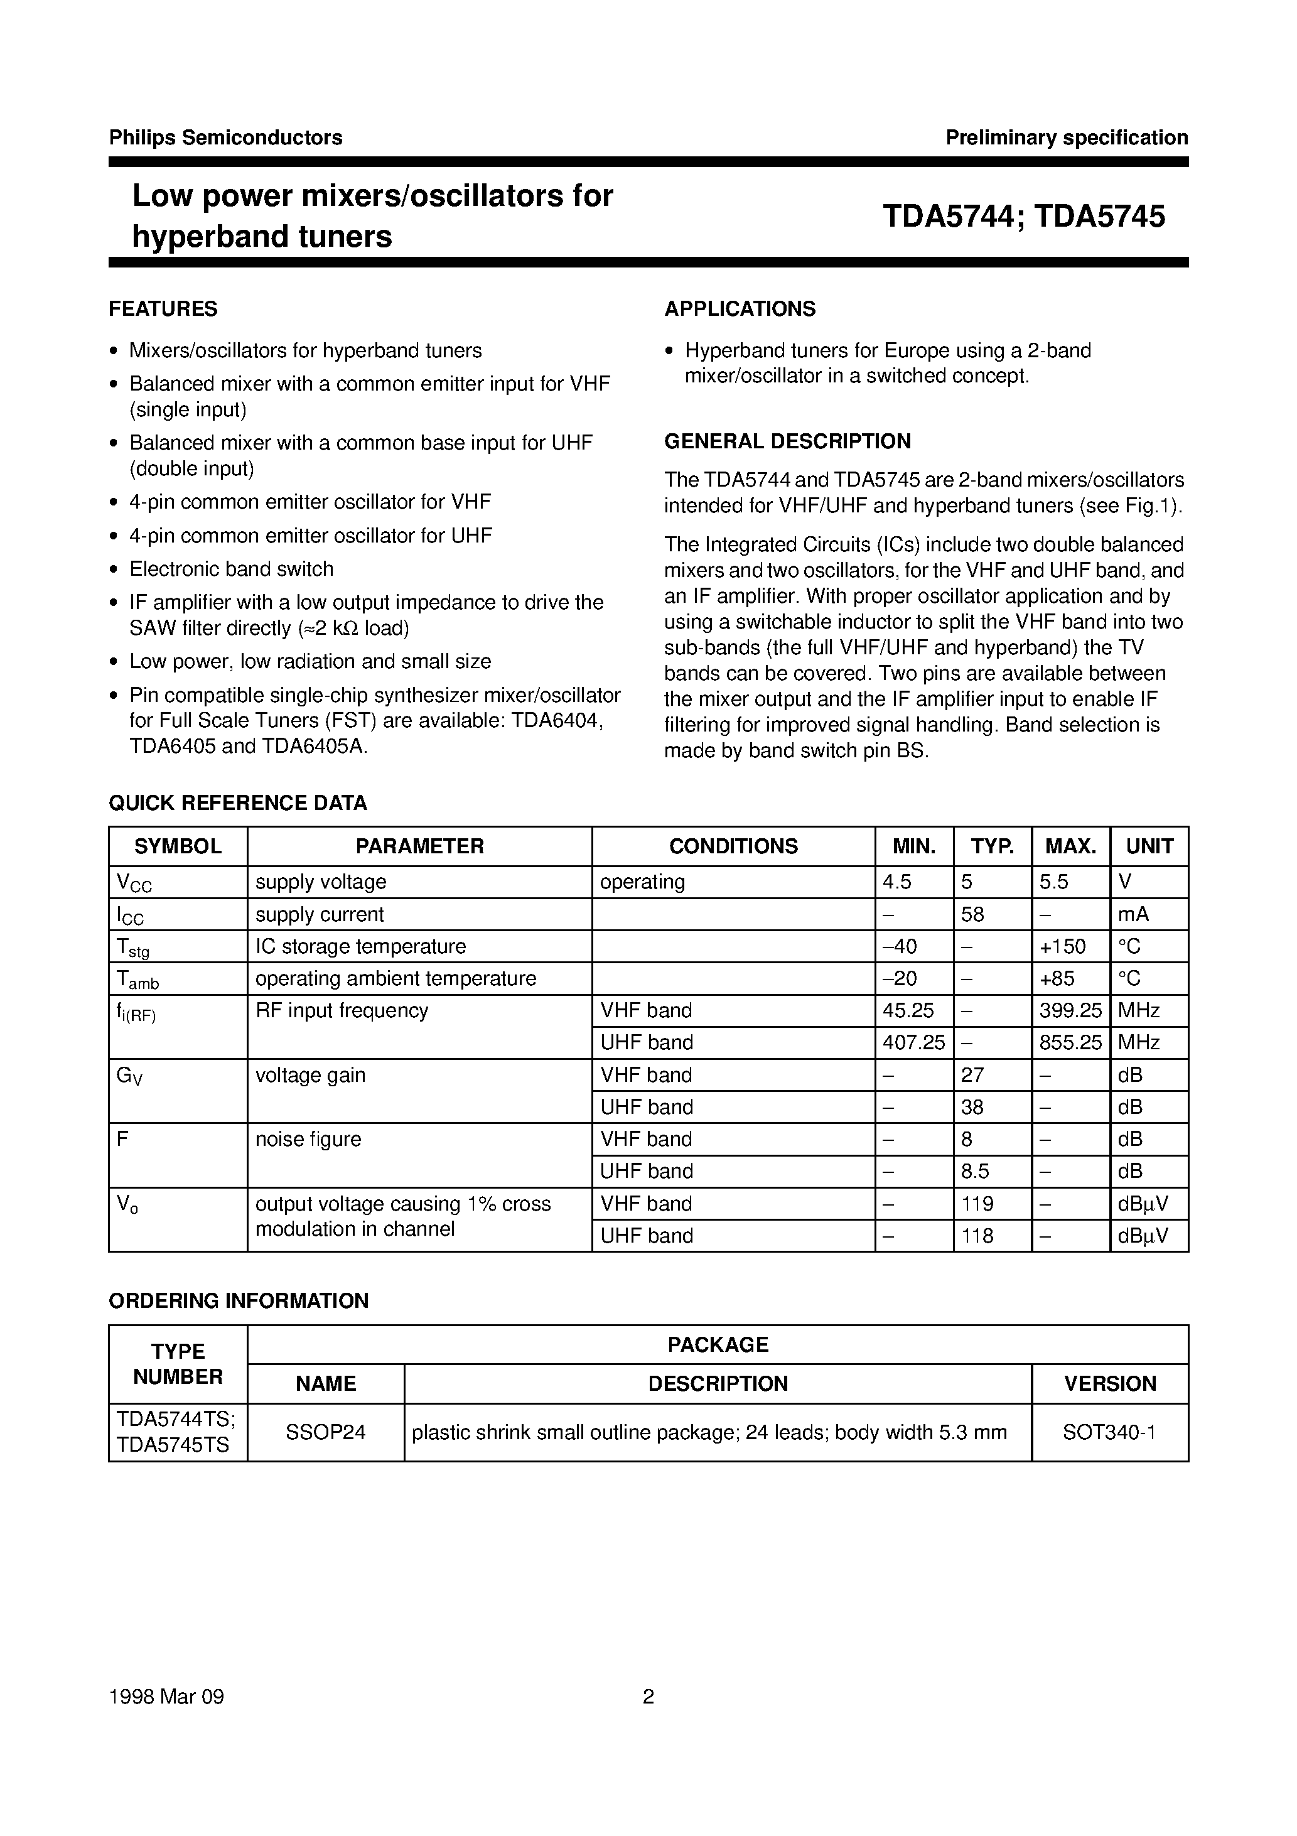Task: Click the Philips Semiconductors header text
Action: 225,138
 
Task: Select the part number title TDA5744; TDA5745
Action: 1023,217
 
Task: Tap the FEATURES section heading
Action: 163,309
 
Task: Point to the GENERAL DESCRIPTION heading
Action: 788,441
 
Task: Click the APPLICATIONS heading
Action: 740,309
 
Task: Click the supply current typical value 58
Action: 972,914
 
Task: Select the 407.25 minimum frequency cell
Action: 913,1043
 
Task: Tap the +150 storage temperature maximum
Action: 1063,947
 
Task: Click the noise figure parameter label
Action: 308,1138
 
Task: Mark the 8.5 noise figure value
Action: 976,1172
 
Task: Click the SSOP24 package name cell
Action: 325,1432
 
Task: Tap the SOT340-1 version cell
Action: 1109,1432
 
